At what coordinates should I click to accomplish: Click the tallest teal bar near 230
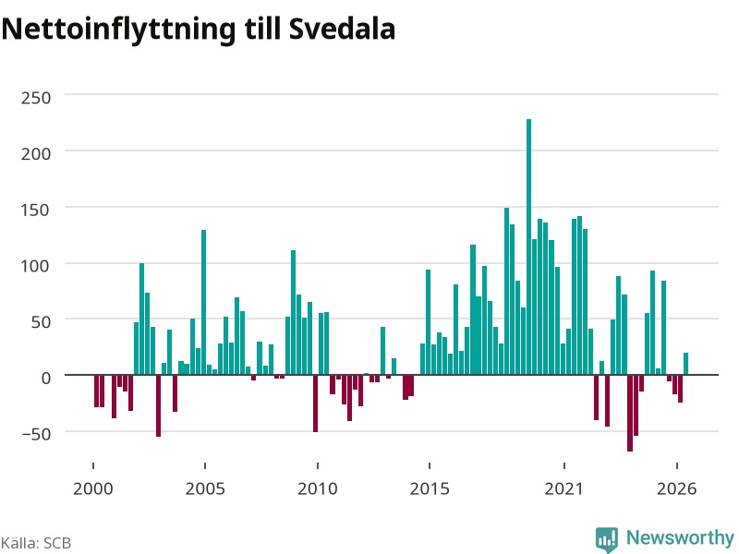tap(528, 247)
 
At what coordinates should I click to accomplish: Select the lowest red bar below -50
tap(630, 413)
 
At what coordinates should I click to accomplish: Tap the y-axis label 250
tap(36, 98)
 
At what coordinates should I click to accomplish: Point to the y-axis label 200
tap(36, 153)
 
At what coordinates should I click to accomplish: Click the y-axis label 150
tap(36, 210)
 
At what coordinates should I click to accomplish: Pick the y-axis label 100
tap(36, 266)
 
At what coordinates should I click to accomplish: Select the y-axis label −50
tap(36, 434)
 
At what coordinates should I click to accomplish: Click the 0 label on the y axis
tap(45, 378)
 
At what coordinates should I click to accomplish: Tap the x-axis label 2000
tap(93, 488)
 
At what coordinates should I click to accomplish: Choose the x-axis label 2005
tap(205, 488)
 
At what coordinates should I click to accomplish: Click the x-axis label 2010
tap(318, 488)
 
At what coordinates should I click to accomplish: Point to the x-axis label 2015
tap(430, 488)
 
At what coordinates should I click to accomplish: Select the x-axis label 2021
tap(564, 488)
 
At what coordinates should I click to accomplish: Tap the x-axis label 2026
tap(676, 488)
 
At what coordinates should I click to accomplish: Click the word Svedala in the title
tap(342, 29)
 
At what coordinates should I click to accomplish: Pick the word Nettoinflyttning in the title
tap(118, 30)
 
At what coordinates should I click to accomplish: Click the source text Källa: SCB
tap(36, 543)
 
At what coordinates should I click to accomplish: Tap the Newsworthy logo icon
tap(607, 539)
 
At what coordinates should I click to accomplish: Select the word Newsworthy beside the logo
tap(680, 537)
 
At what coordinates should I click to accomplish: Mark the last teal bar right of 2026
tap(685, 364)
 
